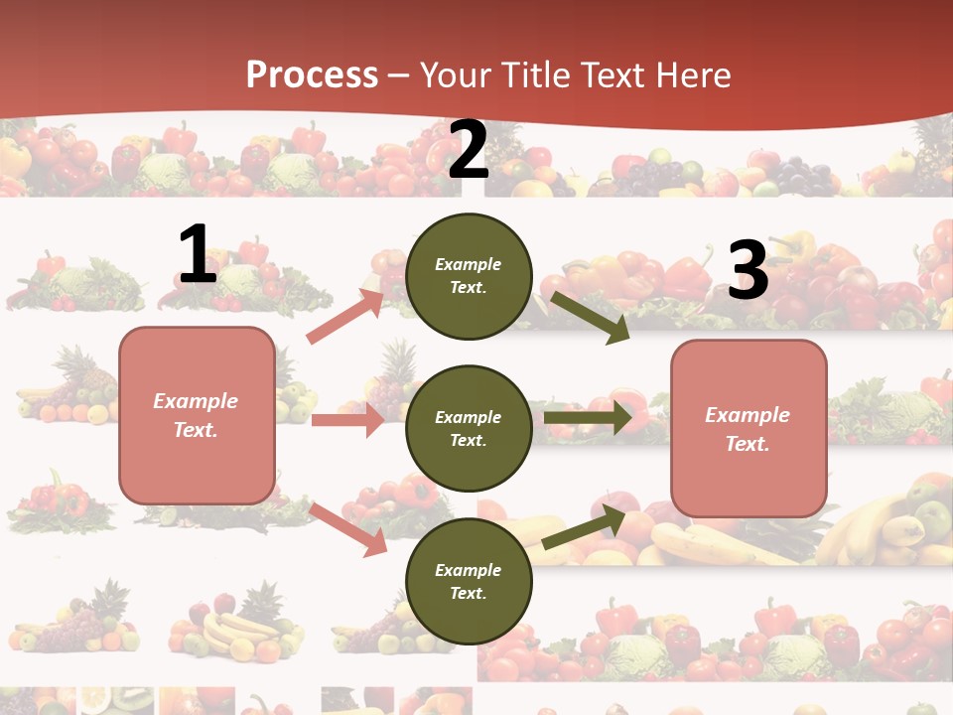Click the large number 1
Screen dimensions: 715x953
198,255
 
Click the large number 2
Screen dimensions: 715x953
468,151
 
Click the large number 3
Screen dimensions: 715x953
748,271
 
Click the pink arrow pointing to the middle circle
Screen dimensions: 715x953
348,420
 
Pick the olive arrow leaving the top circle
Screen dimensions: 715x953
590,316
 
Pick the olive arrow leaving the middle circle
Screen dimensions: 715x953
588,418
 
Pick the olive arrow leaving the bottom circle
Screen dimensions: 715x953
585,527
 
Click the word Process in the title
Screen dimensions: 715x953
312,74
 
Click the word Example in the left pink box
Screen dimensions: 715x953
196,401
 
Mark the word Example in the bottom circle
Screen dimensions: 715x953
468,570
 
